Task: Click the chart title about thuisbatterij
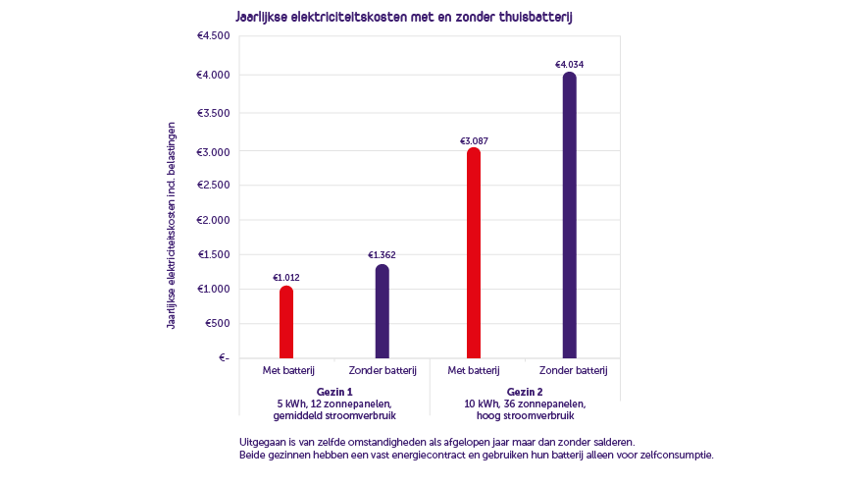pos(403,18)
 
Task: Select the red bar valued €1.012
pos(286,322)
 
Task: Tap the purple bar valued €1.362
pos(383,312)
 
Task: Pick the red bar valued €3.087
pos(474,253)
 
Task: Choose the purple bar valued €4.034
pos(570,216)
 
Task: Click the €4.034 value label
pos(570,65)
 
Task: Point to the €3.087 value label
pos(474,140)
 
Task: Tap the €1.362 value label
pos(383,255)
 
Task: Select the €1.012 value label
pos(286,278)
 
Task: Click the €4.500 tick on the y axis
pos(213,36)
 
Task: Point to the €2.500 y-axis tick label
pos(213,186)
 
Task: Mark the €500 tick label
pos(216,323)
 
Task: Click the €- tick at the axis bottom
pos(222,357)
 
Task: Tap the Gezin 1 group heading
pos(333,391)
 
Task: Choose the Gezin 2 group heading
pos(524,391)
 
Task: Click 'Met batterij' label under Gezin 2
pos(475,370)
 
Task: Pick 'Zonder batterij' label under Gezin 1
pos(383,370)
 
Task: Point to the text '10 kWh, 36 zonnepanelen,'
pos(524,404)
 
